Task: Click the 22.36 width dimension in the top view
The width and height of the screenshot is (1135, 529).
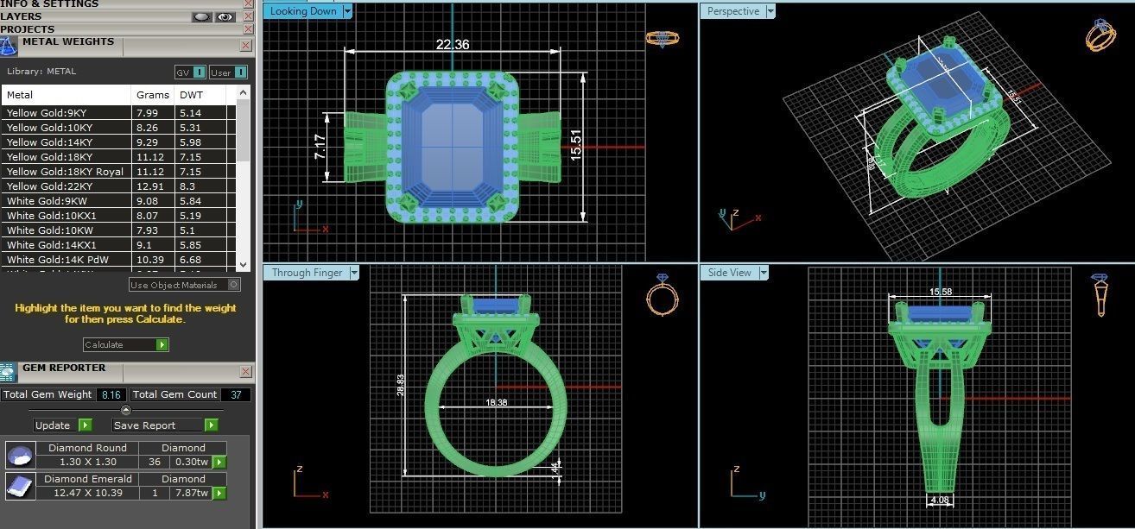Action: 453,45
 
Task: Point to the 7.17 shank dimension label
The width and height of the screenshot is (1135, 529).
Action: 320,147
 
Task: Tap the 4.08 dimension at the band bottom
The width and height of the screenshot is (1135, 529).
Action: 940,500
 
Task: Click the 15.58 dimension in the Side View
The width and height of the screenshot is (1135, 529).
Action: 940,293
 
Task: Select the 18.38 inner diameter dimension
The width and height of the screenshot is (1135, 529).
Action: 496,402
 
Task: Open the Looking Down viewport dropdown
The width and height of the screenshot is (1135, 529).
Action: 347,11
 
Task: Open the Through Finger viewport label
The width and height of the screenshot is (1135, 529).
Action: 307,273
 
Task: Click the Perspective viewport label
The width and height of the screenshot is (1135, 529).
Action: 732,11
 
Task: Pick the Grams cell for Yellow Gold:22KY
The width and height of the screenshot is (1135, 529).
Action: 147,186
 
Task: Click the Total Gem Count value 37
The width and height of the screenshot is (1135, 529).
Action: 235,394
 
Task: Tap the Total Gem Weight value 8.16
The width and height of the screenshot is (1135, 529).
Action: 111,394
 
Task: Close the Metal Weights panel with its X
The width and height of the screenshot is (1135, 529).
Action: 245,45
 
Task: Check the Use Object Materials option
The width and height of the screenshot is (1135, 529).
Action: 233,285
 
